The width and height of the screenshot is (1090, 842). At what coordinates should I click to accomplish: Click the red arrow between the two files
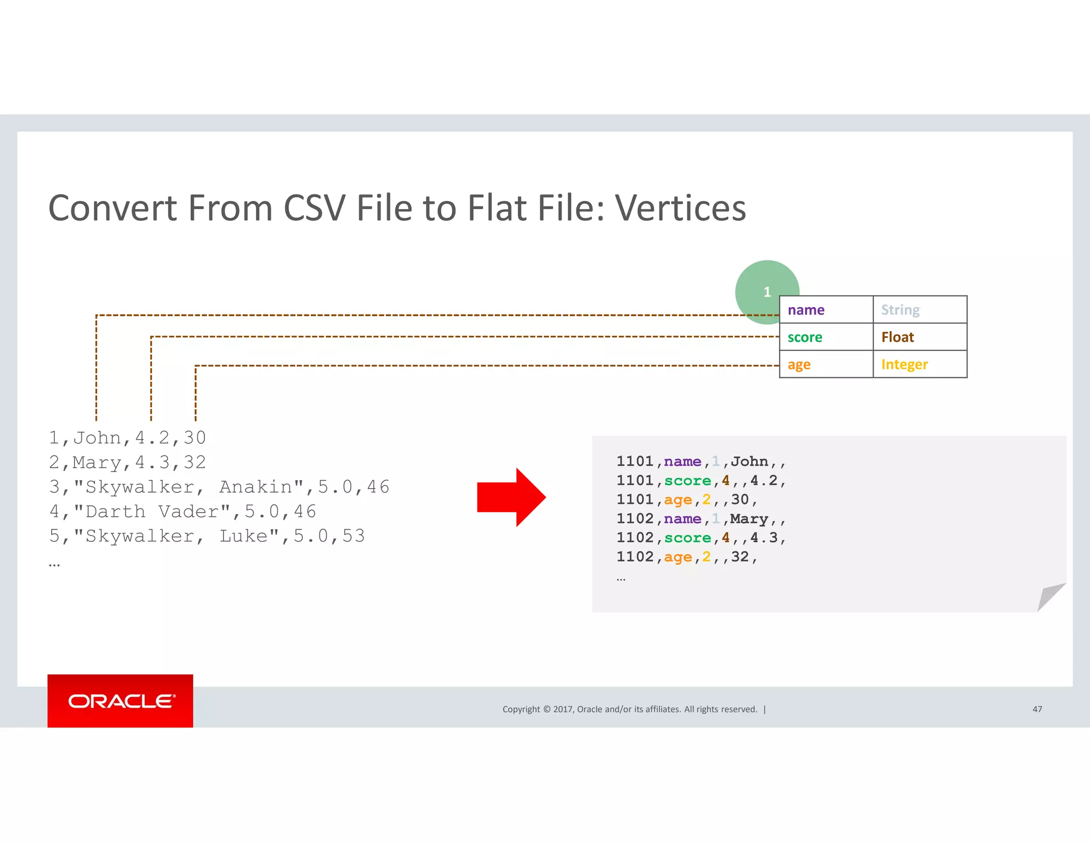(511, 497)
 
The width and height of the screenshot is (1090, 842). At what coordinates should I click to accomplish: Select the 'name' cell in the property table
(825, 310)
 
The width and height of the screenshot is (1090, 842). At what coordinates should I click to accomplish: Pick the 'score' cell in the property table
(825, 337)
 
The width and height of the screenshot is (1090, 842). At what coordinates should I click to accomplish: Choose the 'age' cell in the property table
(825, 365)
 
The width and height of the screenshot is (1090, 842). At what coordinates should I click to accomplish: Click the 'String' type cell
(920, 310)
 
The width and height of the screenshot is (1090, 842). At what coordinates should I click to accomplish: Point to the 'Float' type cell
(920, 337)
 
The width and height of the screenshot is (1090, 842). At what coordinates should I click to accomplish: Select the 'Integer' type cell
(920, 365)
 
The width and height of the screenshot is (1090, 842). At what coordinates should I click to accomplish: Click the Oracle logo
(121, 701)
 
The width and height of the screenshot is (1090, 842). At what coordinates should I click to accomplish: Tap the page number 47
(1037, 709)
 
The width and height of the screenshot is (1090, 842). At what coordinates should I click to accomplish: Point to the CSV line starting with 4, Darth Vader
(183, 511)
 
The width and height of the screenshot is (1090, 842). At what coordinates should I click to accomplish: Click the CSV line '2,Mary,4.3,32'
(127, 463)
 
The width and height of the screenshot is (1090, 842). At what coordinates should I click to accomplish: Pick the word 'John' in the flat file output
(749, 461)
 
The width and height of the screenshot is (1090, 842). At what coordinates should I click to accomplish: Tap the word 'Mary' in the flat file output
(749, 519)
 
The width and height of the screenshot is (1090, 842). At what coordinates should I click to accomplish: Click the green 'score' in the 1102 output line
(687, 538)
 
